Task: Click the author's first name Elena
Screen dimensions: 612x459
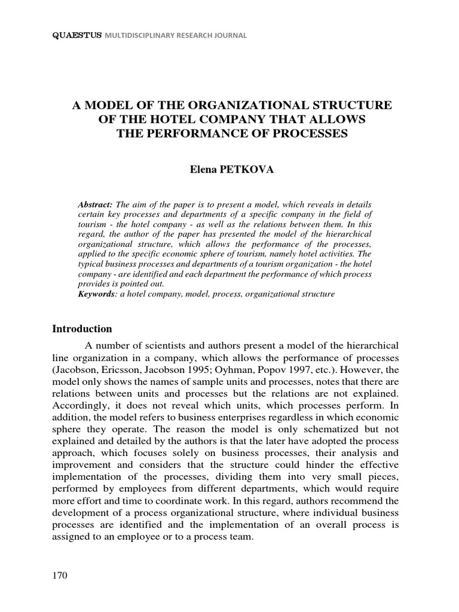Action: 202,170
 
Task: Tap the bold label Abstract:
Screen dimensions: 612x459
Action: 95,204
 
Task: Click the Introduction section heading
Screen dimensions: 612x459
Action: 82,329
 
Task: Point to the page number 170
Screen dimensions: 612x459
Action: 60,576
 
